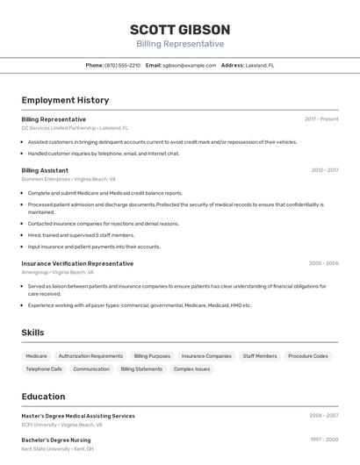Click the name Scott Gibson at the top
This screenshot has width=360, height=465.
point(180,29)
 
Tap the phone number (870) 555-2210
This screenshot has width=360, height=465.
point(122,66)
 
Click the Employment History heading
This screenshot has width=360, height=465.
point(65,100)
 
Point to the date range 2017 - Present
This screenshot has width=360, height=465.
point(321,119)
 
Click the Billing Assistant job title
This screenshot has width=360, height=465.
point(45,170)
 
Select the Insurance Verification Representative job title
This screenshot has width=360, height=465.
point(77,263)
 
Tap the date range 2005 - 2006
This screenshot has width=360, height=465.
point(323,263)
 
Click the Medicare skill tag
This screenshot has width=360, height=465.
point(36,356)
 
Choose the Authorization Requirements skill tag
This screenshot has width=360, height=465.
point(90,356)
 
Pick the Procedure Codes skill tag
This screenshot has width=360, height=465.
point(308,356)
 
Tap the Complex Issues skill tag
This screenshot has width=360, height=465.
point(191,369)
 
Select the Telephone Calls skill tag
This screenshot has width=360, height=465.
point(44,369)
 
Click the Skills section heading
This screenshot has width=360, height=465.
point(32,333)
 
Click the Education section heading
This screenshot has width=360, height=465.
point(43,397)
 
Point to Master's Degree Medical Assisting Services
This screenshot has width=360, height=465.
point(78,416)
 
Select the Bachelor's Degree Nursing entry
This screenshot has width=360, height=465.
point(56,440)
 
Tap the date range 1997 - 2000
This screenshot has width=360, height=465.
point(323,440)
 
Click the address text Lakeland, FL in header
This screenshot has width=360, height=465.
point(260,66)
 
